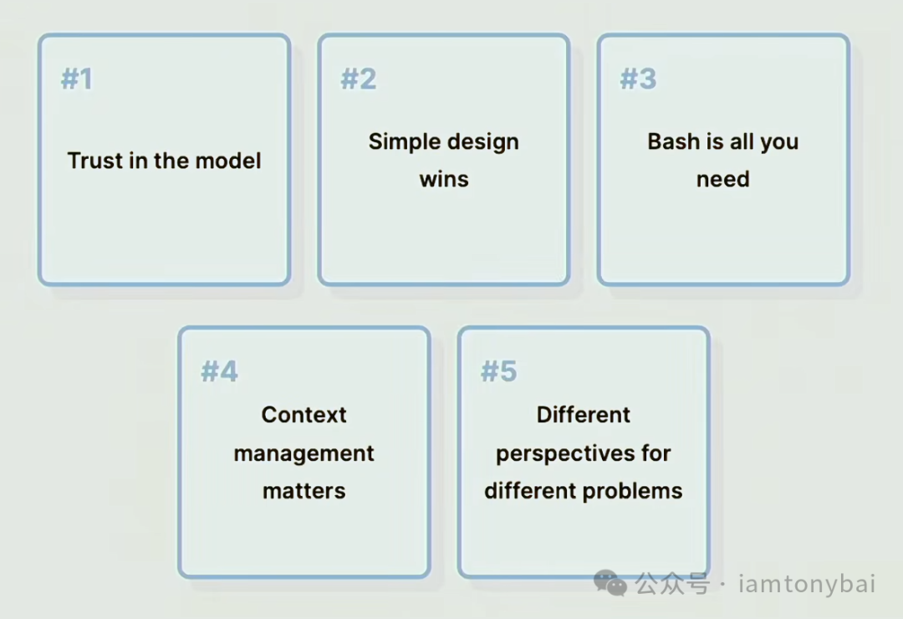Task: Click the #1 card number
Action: pos(77,79)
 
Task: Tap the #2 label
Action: pos(358,79)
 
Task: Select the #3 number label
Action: pos(638,79)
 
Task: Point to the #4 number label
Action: pos(219,371)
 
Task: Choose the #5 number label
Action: pos(498,371)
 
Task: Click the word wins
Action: pos(444,179)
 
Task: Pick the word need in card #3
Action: pos(722,179)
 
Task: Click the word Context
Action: pos(304,414)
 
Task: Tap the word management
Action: pos(304,454)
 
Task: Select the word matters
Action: pos(304,491)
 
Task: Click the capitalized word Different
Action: pos(584,414)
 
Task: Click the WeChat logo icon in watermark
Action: pos(610,583)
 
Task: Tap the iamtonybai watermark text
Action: pos(807,584)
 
